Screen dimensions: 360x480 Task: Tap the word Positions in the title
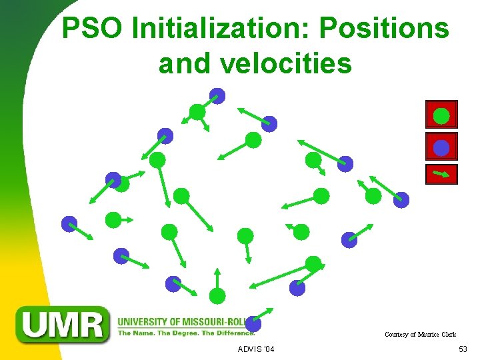[384, 29]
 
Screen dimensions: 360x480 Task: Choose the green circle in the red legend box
[441, 116]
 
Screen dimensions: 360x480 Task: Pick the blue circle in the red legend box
[441, 147]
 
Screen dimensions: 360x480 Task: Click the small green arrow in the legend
[441, 175]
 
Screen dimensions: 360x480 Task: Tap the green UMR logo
[63, 325]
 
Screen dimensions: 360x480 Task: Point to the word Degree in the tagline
[179, 333]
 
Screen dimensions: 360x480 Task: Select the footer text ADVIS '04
[255, 350]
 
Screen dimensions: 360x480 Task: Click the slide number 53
[463, 350]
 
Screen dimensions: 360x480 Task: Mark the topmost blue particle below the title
[217, 96]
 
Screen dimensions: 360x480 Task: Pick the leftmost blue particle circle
[69, 224]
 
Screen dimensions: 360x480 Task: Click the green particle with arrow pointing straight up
[217, 295]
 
